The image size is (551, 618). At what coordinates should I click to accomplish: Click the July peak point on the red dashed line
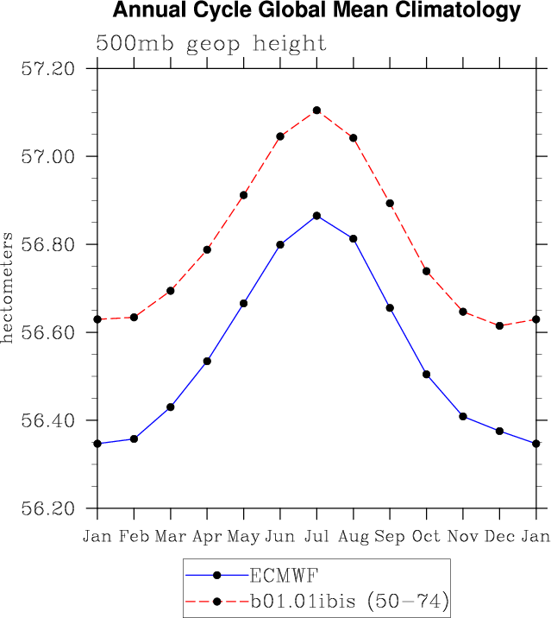point(317,110)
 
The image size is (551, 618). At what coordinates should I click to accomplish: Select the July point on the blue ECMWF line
point(317,216)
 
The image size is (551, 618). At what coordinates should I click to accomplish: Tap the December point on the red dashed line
point(500,325)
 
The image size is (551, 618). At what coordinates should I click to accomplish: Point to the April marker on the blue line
point(207,361)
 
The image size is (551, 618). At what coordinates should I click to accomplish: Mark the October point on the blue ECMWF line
point(427,375)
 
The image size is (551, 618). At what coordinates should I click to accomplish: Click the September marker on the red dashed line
point(390,204)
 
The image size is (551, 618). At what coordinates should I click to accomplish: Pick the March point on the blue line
point(171,407)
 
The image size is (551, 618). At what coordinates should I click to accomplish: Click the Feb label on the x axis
point(134,537)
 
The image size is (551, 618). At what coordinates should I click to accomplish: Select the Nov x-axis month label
point(463,537)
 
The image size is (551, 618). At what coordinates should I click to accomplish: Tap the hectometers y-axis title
point(8,287)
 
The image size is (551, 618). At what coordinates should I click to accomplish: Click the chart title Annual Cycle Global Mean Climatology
point(316,11)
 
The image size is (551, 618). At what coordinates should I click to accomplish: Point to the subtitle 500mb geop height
point(210,43)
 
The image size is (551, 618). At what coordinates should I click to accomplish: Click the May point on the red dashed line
point(244,195)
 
